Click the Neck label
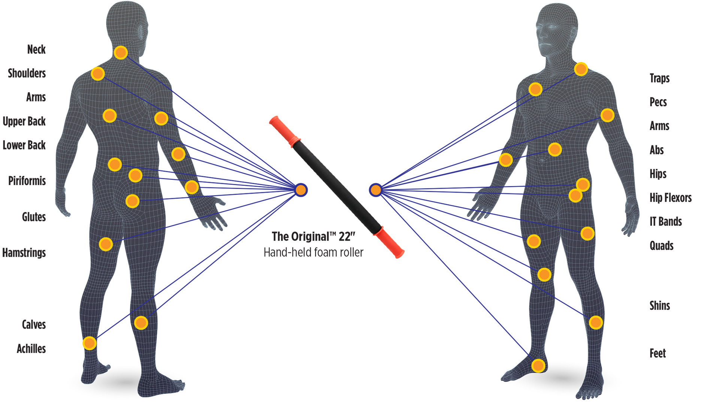tap(36, 49)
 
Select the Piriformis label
tap(27, 181)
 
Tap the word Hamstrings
tap(24, 253)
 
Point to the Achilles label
tap(31, 349)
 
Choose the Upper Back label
tap(24, 121)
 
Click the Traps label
tap(659, 78)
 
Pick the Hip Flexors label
tap(670, 198)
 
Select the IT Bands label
tap(665, 221)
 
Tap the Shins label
tap(659, 306)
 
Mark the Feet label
tap(658, 353)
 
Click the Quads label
tap(661, 246)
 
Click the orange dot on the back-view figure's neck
tap(121, 52)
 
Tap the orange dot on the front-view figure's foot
tap(538, 365)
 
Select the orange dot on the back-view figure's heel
tap(90, 343)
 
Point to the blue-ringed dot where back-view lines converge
tap(301, 190)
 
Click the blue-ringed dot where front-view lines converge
tap(375, 190)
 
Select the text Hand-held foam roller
tap(313, 253)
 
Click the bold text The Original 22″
tap(313, 237)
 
